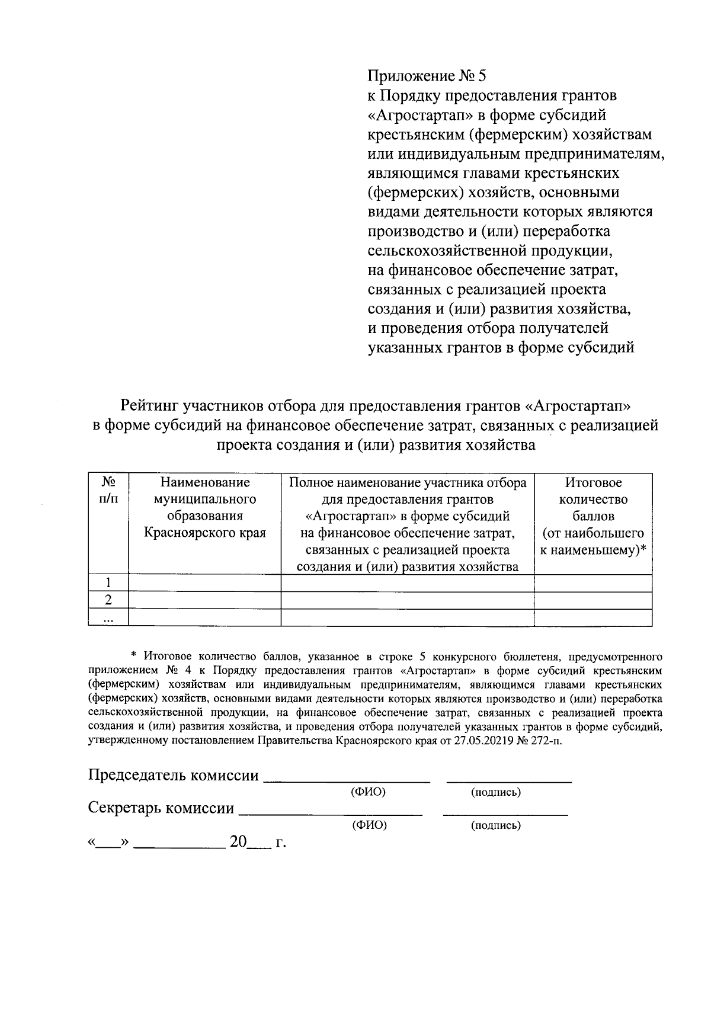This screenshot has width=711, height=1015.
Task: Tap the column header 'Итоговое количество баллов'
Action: [593, 500]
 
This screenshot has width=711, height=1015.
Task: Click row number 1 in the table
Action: [108, 584]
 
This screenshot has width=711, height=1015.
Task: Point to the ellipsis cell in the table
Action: [108, 618]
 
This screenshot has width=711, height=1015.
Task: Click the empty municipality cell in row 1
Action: [204, 584]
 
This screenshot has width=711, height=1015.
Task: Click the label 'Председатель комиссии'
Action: [174, 776]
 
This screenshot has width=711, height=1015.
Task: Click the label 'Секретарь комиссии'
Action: [161, 808]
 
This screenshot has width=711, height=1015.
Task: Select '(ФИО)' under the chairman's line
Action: [369, 792]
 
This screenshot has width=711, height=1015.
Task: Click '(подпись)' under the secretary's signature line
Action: [496, 825]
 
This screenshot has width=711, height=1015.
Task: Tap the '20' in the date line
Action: [238, 842]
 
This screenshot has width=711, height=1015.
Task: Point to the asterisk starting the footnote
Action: [133, 655]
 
